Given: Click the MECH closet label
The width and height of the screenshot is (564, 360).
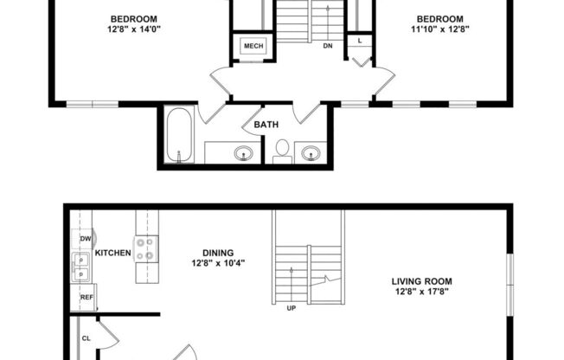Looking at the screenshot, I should tap(253, 46).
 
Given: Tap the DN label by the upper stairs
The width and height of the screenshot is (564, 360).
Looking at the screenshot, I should tap(328, 46).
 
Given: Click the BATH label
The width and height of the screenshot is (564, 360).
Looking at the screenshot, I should tap(266, 125).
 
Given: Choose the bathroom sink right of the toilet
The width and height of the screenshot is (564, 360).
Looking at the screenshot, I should tap(311, 154).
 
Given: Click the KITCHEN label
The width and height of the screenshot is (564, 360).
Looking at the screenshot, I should tap(112, 253).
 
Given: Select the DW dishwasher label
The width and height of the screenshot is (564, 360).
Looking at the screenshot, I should tap(86, 239).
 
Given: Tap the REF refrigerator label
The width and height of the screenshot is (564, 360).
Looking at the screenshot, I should tap(87, 298).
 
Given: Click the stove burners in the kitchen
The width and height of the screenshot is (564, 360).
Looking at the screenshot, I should tap(145, 249).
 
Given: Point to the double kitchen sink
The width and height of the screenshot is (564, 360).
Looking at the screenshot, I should tap(81, 267).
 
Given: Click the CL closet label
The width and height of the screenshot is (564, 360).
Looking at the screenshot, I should tap(86, 338).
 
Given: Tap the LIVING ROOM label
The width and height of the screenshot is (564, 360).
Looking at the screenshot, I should tap(422, 281).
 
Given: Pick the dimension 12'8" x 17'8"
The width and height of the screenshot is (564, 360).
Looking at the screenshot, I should tap(422, 292).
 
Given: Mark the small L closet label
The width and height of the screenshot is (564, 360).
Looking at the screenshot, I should tap(359, 41).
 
